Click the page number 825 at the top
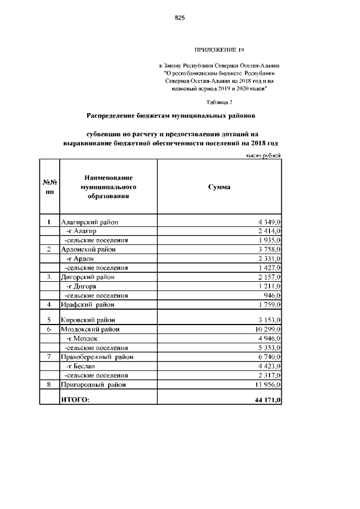pos(180,18)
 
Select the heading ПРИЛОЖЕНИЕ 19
pos(219,50)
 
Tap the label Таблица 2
pos(219,102)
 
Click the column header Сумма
pos(219,187)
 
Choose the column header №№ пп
pos(49,187)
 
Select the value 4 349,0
pos(269,223)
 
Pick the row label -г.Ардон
pos(79,259)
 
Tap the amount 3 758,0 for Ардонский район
pos(269,250)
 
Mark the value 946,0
pos(272,295)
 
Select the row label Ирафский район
pos(87,304)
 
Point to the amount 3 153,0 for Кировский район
pos(269,320)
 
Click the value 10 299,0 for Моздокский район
pos(268,329)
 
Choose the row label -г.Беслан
pos(80,366)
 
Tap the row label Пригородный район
pos(93,385)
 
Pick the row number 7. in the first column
pos(49,357)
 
